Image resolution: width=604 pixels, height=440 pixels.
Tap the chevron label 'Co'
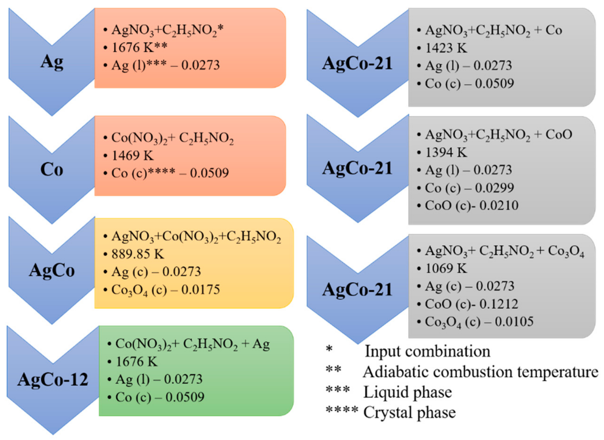click(x=52, y=170)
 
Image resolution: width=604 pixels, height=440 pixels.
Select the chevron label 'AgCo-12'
click(x=53, y=379)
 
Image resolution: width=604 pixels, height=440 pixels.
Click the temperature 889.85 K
click(x=138, y=254)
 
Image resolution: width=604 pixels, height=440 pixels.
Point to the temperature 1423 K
click(x=446, y=48)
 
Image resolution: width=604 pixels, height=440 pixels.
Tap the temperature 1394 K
click(x=446, y=153)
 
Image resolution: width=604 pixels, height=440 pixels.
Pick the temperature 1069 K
click(x=446, y=268)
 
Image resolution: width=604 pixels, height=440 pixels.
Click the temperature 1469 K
click(x=132, y=155)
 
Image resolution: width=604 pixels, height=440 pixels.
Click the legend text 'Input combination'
click(x=427, y=352)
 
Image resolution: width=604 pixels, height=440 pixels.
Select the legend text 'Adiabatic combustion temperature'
click(x=481, y=372)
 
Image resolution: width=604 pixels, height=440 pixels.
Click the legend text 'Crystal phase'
click(x=409, y=413)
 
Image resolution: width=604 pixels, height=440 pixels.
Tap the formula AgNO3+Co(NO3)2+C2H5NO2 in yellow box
click(x=196, y=237)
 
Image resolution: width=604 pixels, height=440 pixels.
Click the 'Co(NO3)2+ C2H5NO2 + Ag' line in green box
click(x=192, y=344)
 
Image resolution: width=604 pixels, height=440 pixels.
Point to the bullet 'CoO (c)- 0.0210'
click(x=471, y=206)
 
